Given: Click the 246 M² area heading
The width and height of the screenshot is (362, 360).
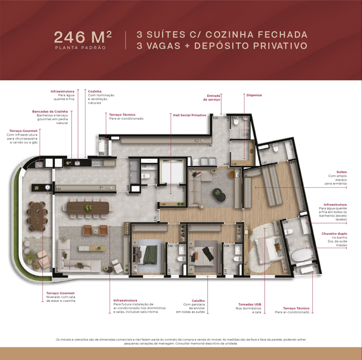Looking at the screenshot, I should pos(83,37).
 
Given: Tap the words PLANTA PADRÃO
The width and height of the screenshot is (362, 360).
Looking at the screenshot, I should pos(81,48).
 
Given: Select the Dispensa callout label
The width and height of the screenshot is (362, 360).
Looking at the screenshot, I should pos(254,95).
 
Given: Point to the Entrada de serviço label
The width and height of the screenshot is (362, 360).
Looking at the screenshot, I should pos(212,98).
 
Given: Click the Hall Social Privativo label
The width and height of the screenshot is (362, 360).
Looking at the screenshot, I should pos(189,115).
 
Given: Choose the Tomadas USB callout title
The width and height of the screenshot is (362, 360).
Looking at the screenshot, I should pos(249,304).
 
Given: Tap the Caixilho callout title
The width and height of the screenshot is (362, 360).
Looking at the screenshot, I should pos(198,301).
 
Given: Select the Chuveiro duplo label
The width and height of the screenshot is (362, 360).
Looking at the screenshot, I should pos(334,233).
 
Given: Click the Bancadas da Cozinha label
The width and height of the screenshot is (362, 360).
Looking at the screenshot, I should pos(50,111).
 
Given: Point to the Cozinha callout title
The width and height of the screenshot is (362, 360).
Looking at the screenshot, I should pos(95,91).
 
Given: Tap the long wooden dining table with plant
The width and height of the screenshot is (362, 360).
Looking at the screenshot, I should pos(88,207).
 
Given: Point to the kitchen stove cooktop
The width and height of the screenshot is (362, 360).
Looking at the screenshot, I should pos(97,163).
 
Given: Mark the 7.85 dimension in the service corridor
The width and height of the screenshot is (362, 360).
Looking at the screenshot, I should pos(209,146).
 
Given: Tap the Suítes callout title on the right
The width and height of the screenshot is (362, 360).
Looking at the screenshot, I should pos(341,172).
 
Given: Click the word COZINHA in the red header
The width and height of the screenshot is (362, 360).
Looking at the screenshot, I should pos(229,35).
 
